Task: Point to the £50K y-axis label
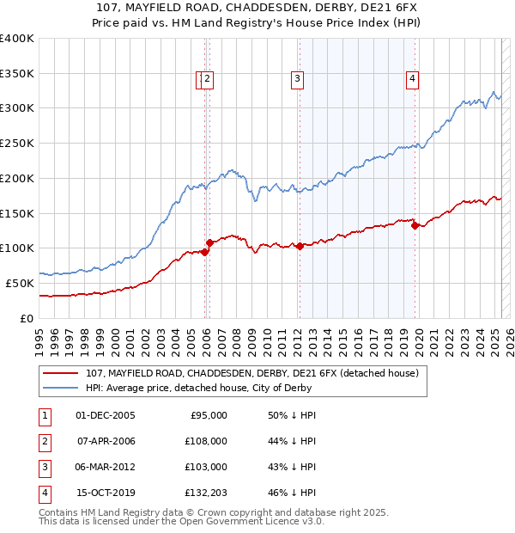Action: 21,283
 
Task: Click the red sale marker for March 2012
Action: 300,246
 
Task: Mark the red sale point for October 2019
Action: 415,226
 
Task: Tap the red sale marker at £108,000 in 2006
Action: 209,242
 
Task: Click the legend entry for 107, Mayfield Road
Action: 251,373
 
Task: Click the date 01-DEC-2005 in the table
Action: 106,415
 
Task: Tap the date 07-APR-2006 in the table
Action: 106,441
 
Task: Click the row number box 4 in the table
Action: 43,493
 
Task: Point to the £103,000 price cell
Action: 207,467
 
